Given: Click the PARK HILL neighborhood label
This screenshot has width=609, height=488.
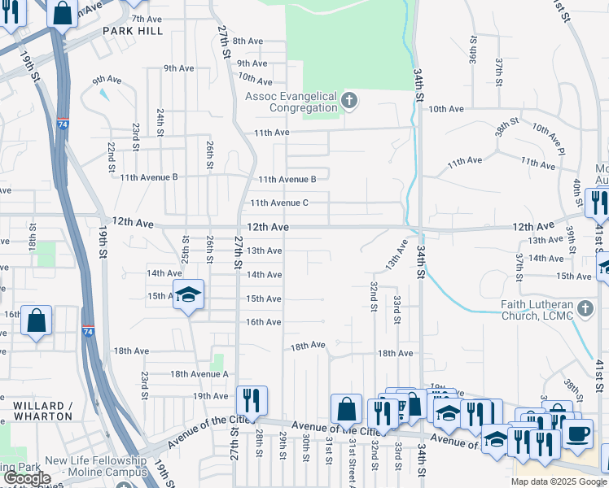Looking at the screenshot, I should [133, 31].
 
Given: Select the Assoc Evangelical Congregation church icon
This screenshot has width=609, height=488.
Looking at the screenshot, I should [349, 102].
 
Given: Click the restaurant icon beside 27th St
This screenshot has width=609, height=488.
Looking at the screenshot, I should [252, 399].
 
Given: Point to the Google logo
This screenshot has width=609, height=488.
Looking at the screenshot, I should [26, 478].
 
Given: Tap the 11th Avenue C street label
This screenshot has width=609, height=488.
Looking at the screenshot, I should [278, 203].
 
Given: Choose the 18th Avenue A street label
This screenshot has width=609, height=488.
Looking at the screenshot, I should [199, 374].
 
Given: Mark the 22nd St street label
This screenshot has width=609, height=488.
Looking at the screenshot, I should [111, 156].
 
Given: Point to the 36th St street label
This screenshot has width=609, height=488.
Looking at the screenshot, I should [474, 50].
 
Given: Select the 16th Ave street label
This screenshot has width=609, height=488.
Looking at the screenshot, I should [264, 322].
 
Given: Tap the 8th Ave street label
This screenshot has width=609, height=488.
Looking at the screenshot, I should [248, 41].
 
